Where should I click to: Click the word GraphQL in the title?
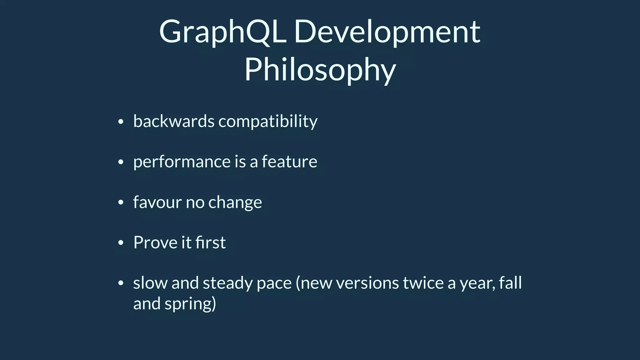(x=222, y=32)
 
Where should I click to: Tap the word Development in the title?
(x=387, y=32)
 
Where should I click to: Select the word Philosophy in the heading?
(x=320, y=70)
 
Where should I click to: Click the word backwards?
(x=174, y=121)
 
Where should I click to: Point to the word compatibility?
(x=268, y=121)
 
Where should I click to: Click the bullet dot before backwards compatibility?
(x=121, y=122)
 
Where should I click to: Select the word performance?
(x=182, y=162)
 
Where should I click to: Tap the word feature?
(x=289, y=162)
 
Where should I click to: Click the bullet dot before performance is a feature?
(x=121, y=162)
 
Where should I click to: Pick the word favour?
(x=157, y=202)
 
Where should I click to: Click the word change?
(x=235, y=202)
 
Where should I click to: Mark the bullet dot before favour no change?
(x=121, y=203)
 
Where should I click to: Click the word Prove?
(x=155, y=242)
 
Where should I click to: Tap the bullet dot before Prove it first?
(x=121, y=243)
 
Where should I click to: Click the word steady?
(x=227, y=283)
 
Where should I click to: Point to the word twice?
(x=423, y=283)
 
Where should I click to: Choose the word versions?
(x=367, y=283)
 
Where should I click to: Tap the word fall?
(x=510, y=283)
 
